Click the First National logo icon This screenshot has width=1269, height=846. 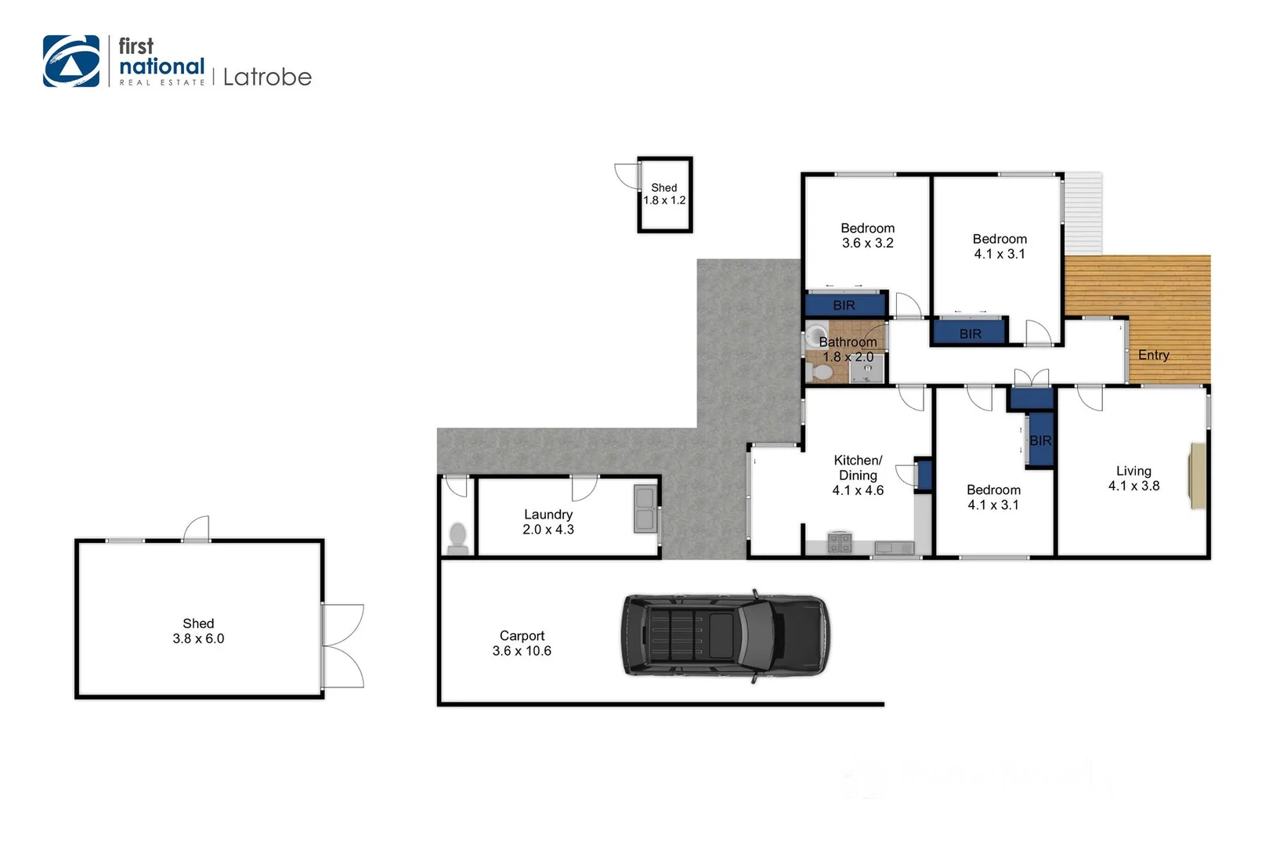point(71,61)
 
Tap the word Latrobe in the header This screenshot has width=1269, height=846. point(267,77)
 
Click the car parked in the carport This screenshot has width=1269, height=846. point(725,634)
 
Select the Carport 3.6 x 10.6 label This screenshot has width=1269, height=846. point(522,643)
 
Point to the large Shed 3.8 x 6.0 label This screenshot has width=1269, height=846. point(198,631)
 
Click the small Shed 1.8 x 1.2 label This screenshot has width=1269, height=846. point(664,193)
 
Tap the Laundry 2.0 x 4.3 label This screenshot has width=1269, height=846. point(548,522)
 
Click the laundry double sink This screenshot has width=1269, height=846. point(645,508)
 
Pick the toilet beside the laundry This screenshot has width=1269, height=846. point(457,537)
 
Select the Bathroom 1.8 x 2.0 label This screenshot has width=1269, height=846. point(848,349)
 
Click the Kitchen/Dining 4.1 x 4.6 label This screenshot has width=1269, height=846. point(858,475)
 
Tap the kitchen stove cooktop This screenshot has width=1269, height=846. point(839,543)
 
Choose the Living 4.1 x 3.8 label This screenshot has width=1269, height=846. point(1133,478)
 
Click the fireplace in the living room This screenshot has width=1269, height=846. point(1198,475)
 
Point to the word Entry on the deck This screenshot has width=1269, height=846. point(1153,355)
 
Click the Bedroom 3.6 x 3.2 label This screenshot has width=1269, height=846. point(867,235)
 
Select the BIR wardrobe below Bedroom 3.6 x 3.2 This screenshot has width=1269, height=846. point(844,305)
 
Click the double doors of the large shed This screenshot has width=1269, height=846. point(343,646)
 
